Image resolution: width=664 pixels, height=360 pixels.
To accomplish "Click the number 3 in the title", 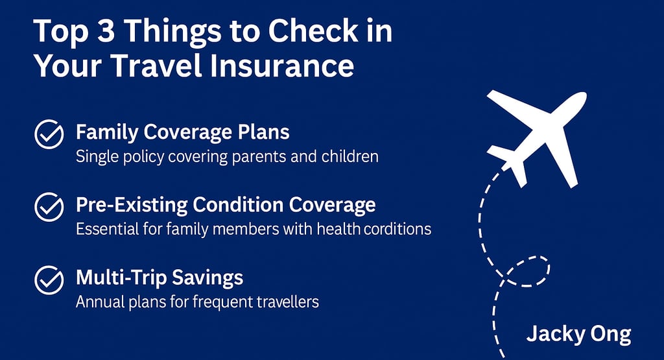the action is coord(106,31).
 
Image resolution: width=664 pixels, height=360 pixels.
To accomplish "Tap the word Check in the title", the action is coord(313,30).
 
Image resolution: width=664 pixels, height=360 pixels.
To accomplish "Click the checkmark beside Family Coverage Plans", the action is coord(49,134).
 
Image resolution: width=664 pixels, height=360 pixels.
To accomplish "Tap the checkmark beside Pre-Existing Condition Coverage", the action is coord(49,207).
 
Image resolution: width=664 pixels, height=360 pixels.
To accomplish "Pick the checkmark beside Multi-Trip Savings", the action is coord(49,280).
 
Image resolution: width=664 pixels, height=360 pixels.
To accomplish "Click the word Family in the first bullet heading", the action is coord(107,132).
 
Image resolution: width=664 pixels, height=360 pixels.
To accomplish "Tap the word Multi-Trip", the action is coord(121,278).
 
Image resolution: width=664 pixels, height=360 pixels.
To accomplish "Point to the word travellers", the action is coord(290,302).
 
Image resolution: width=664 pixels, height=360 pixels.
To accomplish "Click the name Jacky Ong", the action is coord(578,335).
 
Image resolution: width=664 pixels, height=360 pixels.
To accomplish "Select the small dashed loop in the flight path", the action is coord(527,272).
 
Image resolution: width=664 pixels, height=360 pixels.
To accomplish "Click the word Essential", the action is coord(107,229).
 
